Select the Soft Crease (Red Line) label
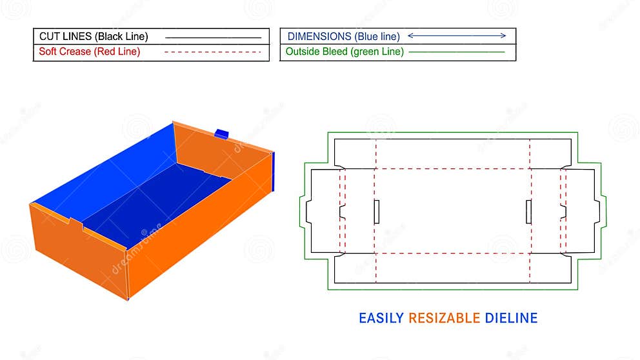89,52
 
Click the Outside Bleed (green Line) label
345,52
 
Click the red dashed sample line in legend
213,52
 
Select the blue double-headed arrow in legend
457,36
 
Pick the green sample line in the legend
457,52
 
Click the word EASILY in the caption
381,318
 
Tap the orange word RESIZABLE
445,318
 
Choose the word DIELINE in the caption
511,318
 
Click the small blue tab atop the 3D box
222,134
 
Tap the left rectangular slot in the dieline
376,212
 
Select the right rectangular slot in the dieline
528,212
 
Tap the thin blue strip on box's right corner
274,171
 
